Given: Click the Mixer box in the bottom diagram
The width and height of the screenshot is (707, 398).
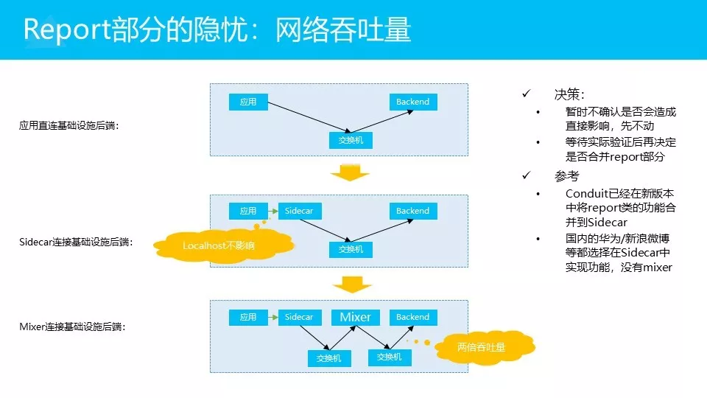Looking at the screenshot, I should pyautogui.click(x=355, y=317).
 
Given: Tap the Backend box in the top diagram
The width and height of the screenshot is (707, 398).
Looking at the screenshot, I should pyautogui.click(x=412, y=102).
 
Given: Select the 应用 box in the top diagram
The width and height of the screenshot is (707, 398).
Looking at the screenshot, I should pyautogui.click(x=248, y=102).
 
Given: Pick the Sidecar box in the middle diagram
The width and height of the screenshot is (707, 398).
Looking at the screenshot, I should pyautogui.click(x=298, y=211).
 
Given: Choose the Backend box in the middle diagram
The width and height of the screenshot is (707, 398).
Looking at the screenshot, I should pyautogui.click(x=412, y=211).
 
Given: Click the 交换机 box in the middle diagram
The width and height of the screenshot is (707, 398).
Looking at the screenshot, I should pyautogui.click(x=351, y=249).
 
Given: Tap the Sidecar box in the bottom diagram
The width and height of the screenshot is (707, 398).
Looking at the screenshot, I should pyautogui.click(x=298, y=317).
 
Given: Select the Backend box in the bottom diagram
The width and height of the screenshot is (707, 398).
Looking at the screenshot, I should pyautogui.click(x=412, y=317).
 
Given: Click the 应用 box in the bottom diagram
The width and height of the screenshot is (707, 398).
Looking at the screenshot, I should pyautogui.click(x=248, y=317).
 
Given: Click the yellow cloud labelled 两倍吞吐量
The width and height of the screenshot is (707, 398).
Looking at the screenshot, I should pyautogui.click(x=482, y=346).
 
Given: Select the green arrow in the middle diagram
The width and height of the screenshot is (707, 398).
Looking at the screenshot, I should pyautogui.click(x=273, y=211).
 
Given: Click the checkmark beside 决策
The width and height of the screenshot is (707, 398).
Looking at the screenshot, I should pyautogui.click(x=526, y=94).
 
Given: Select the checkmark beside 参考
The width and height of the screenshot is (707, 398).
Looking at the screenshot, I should pyautogui.click(x=526, y=175).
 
